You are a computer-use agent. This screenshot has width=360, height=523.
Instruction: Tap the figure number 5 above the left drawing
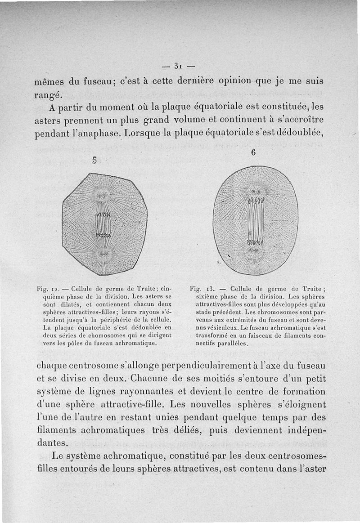point(95,160)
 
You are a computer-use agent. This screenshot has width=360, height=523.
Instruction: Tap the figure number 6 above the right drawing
point(253,152)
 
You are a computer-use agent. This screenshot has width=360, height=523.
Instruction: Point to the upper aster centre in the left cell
point(103,195)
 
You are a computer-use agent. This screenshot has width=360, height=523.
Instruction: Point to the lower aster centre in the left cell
point(103,255)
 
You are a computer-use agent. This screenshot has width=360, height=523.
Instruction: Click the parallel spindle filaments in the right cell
point(255,221)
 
